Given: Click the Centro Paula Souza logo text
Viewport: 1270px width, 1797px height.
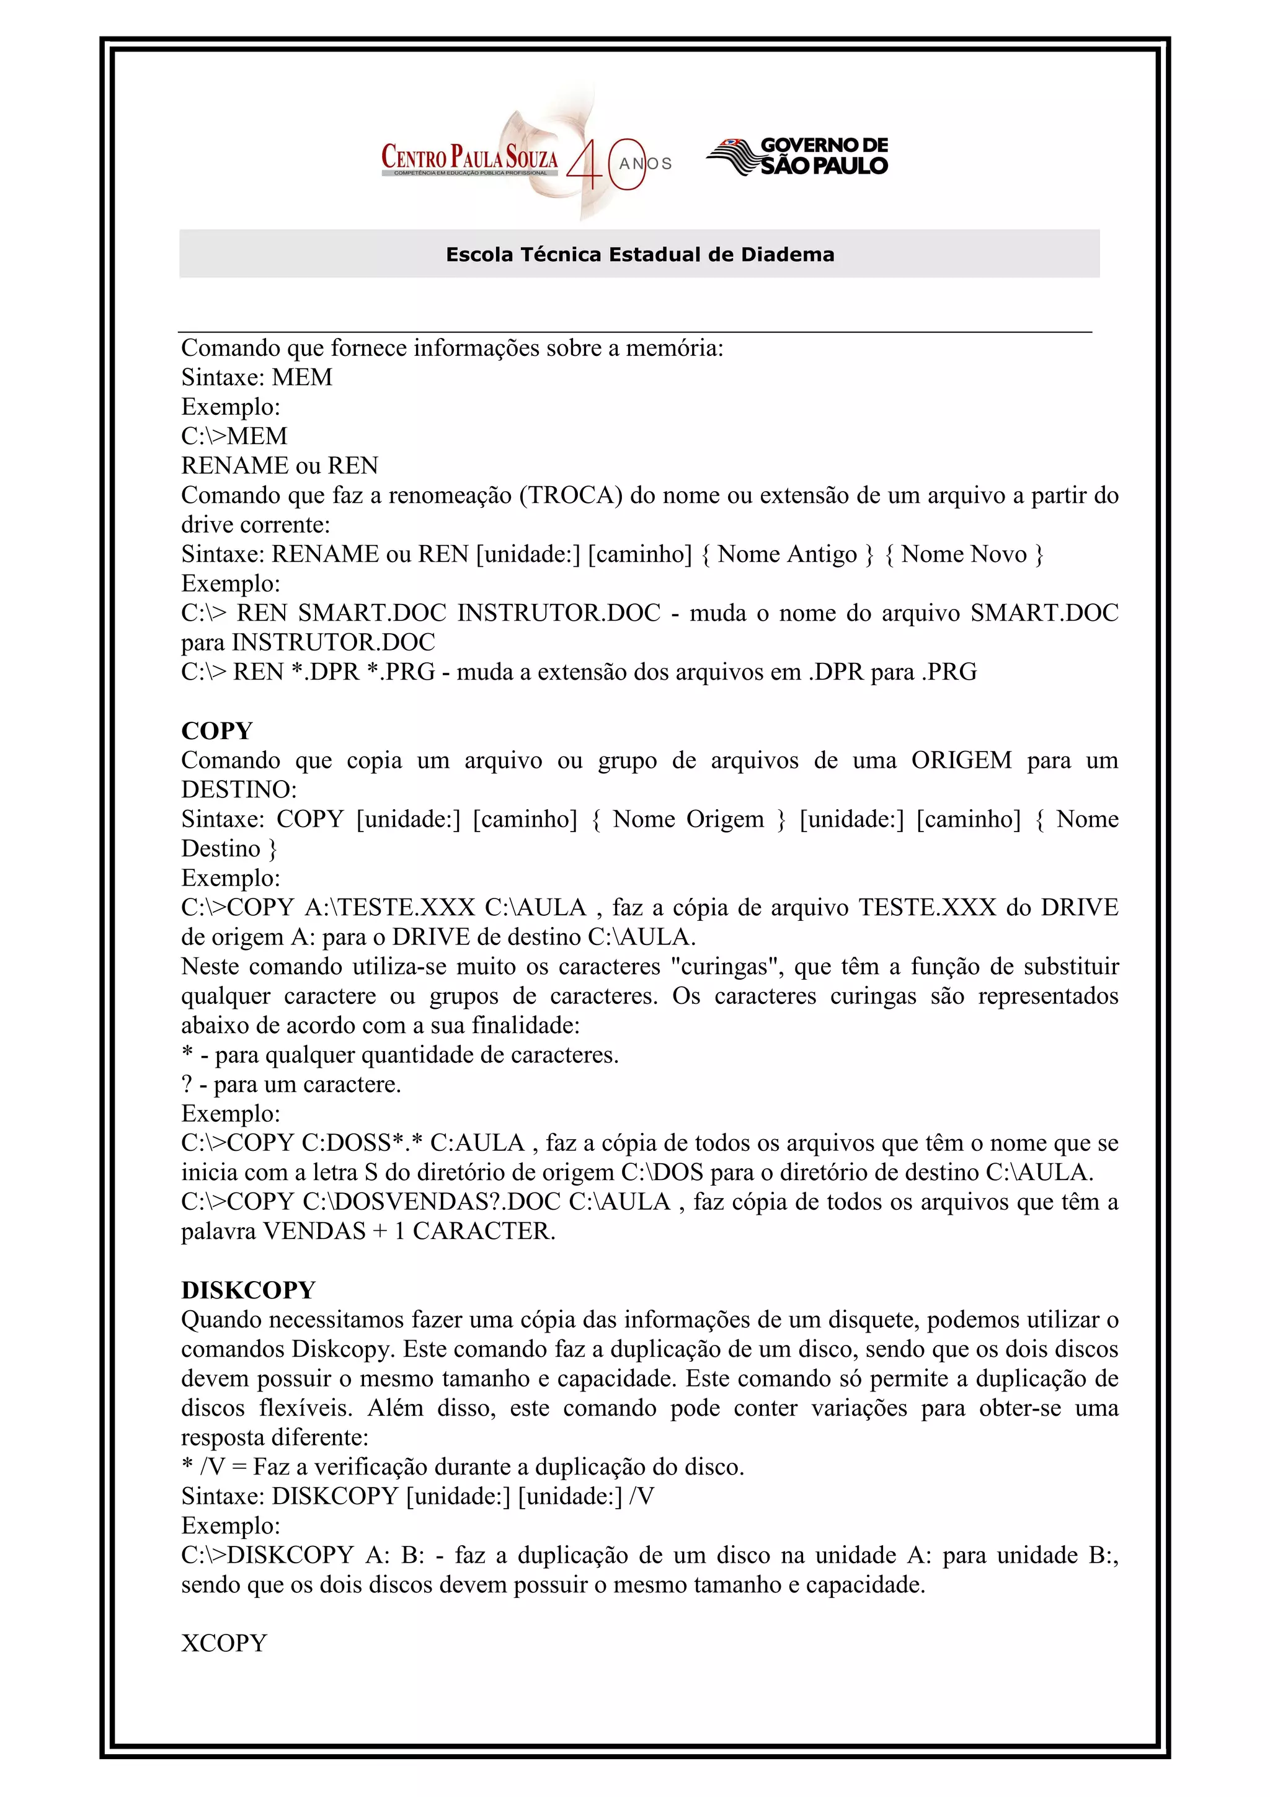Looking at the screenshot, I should point(469,156).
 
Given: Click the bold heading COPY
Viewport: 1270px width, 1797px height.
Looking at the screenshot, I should point(217,731).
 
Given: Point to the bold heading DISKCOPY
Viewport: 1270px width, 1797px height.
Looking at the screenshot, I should point(248,1290).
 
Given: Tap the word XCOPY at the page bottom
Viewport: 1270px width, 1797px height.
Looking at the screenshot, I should point(224,1643).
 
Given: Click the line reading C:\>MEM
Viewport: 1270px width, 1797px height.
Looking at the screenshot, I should point(234,436).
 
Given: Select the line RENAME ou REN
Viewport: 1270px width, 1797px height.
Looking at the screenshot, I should point(279,466).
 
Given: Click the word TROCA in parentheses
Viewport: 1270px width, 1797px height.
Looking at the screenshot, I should point(571,495).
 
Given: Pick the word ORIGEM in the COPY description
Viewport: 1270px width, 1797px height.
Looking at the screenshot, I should point(961,760).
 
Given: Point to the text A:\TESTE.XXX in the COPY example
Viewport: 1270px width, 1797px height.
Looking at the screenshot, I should point(389,908).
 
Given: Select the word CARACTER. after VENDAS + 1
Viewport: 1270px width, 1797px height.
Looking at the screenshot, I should point(484,1231).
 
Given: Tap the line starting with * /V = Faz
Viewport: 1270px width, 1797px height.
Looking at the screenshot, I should point(461,1466).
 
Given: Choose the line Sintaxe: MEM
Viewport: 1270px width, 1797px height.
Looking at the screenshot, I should point(257,377).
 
